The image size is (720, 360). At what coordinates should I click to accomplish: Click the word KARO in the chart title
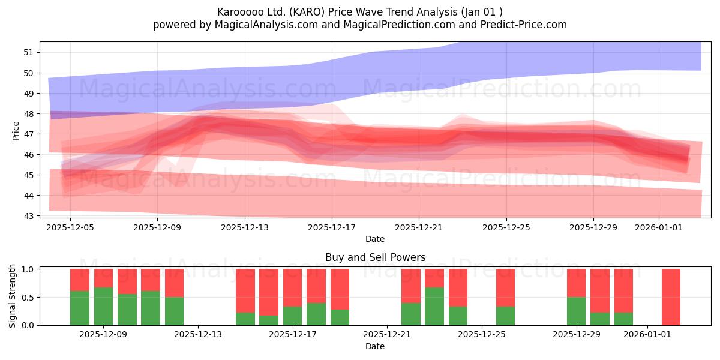tap(307, 12)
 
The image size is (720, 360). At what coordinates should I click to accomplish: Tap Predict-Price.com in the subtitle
tap(524, 25)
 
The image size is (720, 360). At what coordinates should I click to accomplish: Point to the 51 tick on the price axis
tap(29, 52)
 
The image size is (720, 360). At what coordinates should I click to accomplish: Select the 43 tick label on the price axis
tap(29, 216)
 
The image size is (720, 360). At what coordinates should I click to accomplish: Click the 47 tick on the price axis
tap(29, 134)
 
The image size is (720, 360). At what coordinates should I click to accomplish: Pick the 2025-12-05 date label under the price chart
tap(70, 227)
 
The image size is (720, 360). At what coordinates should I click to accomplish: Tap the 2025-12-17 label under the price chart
tap(332, 227)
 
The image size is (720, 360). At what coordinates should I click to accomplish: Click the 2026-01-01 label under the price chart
tap(659, 227)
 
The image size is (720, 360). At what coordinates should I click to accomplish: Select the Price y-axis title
tap(16, 131)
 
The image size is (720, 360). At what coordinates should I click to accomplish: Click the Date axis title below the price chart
tap(375, 239)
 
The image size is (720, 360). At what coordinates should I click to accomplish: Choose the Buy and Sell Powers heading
tap(375, 257)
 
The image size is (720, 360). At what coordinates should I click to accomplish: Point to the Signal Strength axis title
tap(12, 296)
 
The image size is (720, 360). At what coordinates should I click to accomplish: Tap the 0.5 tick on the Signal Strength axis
tap(28, 298)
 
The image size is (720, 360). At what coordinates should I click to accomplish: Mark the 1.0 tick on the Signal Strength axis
tap(28, 269)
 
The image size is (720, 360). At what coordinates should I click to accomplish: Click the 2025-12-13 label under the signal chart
tap(197, 335)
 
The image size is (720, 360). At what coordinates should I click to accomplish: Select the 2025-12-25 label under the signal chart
tap(481, 335)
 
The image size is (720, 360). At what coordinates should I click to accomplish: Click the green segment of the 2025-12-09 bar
tap(103, 307)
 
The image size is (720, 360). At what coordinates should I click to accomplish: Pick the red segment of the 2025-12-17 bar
tap(293, 287)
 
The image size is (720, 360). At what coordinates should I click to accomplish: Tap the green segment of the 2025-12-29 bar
tap(577, 311)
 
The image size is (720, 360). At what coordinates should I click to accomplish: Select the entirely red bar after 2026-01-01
tap(671, 297)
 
